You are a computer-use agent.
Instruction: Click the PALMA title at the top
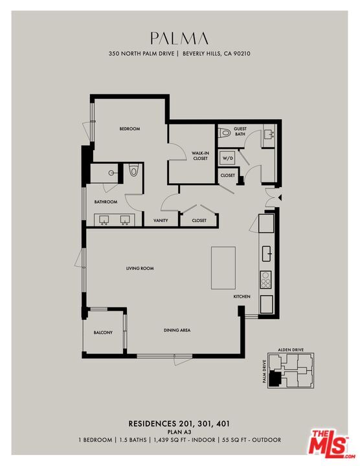click(x=179, y=38)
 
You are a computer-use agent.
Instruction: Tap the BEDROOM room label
click(x=129, y=129)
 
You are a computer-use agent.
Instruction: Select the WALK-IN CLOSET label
click(x=200, y=156)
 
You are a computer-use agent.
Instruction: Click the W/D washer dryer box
click(x=227, y=158)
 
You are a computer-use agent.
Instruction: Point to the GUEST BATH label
click(x=240, y=132)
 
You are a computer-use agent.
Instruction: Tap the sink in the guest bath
click(x=270, y=135)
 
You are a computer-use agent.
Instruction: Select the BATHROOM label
click(x=106, y=202)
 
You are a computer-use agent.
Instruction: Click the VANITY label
click(x=161, y=221)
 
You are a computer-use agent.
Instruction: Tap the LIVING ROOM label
click(x=140, y=268)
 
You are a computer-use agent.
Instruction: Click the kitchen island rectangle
click(x=223, y=267)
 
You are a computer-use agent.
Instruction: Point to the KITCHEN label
click(x=242, y=296)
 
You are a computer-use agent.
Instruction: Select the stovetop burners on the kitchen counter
click(x=265, y=280)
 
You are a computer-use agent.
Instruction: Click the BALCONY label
click(x=103, y=333)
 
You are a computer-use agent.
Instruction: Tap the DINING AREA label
click(x=177, y=331)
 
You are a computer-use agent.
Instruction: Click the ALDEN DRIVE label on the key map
click(x=291, y=349)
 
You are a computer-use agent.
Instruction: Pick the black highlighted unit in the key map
click(x=275, y=380)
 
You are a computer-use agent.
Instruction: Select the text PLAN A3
click(x=179, y=432)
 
